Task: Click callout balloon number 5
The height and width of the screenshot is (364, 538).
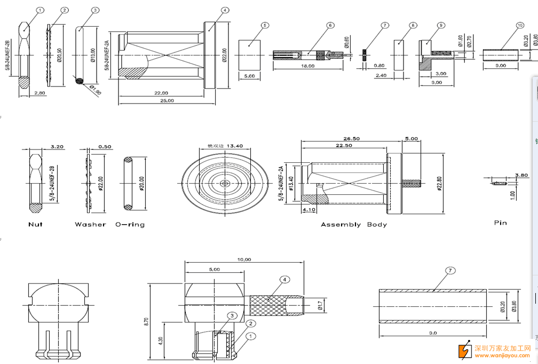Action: pos(265,25)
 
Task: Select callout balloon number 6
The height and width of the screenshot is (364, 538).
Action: pos(330,25)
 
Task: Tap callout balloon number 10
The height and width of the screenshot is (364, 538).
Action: pos(520,25)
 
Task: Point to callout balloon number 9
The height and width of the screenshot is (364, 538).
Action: pos(440,25)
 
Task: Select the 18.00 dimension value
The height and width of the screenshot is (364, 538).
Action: pos(307,66)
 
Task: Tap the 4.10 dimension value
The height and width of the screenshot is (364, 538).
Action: pos(309,210)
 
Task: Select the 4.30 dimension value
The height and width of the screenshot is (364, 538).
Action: pos(161,339)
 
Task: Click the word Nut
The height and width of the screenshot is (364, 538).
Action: pos(35,225)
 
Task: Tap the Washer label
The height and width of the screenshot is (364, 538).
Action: pos(90,225)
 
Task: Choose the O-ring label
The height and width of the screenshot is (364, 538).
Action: pos(130,225)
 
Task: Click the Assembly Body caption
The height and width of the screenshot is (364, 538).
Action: pos(353,225)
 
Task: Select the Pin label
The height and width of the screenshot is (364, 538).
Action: pos(500,223)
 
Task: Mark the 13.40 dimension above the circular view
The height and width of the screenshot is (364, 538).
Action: pos(234,146)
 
